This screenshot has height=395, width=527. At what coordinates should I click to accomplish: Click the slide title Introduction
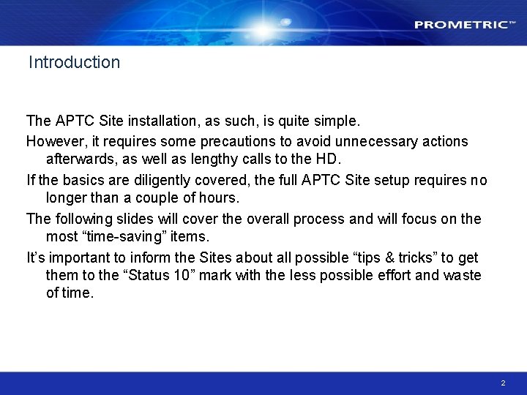[74, 62]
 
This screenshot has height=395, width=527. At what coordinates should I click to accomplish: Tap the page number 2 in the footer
[503, 383]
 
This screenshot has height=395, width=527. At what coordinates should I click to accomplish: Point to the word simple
[336, 120]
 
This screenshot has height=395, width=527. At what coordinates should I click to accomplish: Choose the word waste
[461, 275]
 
